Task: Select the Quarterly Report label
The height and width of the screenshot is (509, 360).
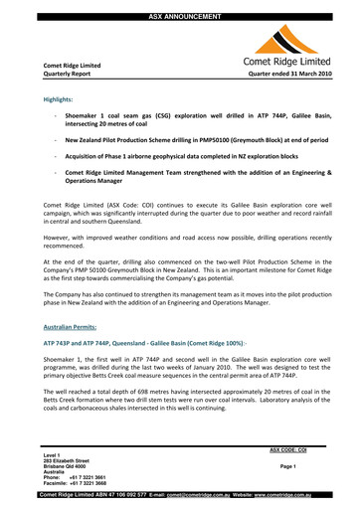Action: (x=64, y=74)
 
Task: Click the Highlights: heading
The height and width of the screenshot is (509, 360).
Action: (x=62, y=100)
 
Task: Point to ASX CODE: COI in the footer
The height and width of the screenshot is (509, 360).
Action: (x=287, y=449)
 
